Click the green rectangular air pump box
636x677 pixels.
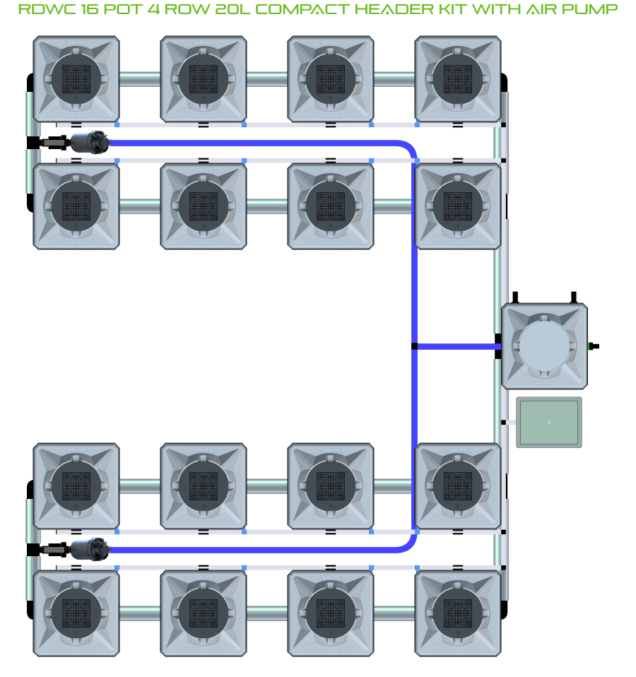tap(549, 423)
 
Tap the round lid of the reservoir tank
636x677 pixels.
tap(544, 346)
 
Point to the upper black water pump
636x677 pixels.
tap(89, 142)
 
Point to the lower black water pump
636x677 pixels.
tap(89, 549)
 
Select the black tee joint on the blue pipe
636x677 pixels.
tap(414, 346)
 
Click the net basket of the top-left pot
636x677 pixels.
tap(76, 79)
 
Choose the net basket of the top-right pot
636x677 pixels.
tap(458, 79)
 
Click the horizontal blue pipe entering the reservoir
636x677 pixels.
tap(456, 346)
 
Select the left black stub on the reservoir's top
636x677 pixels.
tap(516, 296)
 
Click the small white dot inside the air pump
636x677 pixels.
tap(549, 423)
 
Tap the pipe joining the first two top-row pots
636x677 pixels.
tap(140, 79)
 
